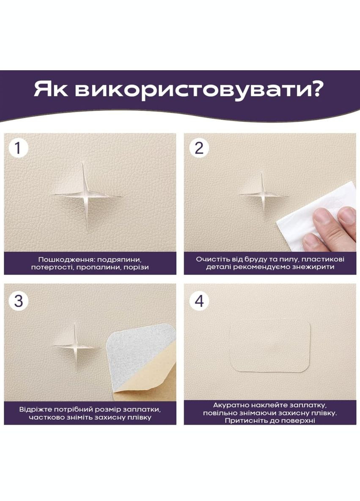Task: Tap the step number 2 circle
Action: [x=199, y=148]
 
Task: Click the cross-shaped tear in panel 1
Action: [x=86, y=195]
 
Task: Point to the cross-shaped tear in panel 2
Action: [x=262, y=195]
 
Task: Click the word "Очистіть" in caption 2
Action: [x=212, y=259]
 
